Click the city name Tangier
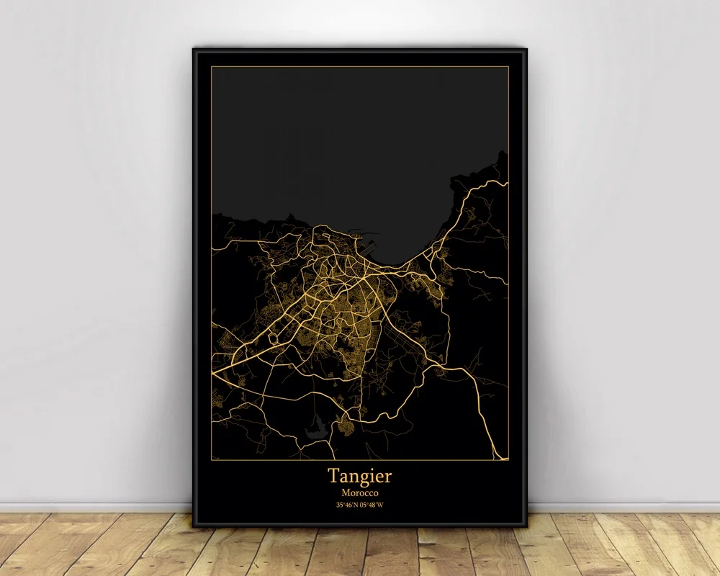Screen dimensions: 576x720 (x=360, y=476)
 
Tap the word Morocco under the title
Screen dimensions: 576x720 (x=360, y=492)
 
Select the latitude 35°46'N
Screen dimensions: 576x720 (x=347, y=505)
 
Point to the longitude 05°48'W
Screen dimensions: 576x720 (x=373, y=505)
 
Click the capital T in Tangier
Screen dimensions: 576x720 (x=334, y=475)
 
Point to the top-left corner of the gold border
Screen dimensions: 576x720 (x=212, y=67)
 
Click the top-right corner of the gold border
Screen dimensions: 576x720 (x=508, y=67)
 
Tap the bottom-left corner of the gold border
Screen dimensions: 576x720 (x=212, y=459)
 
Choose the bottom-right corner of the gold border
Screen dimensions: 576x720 (x=508, y=459)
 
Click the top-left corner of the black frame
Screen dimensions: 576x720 (x=194, y=49)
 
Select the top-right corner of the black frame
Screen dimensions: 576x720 (x=526, y=49)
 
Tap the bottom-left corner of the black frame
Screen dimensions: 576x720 (x=194, y=526)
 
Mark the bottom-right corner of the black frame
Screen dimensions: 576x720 (x=526, y=526)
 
